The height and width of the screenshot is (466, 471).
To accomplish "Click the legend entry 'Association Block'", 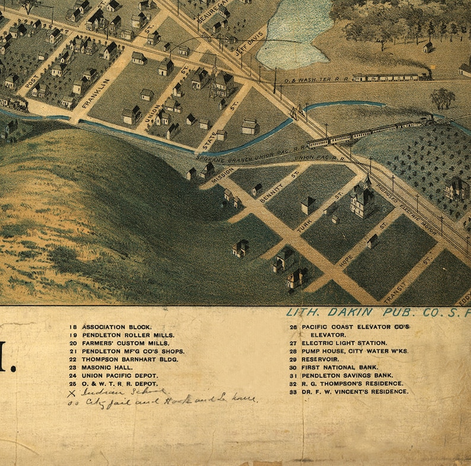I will click(117, 327).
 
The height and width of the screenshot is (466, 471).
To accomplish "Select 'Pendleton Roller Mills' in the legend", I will click(128, 335).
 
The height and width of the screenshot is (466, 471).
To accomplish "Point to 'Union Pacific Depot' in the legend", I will click(120, 376).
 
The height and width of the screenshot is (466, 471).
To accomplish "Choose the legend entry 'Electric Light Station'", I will click(344, 343).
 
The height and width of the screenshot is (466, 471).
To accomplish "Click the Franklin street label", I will click(96, 93).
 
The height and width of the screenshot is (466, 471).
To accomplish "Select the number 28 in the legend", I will click(293, 351).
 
